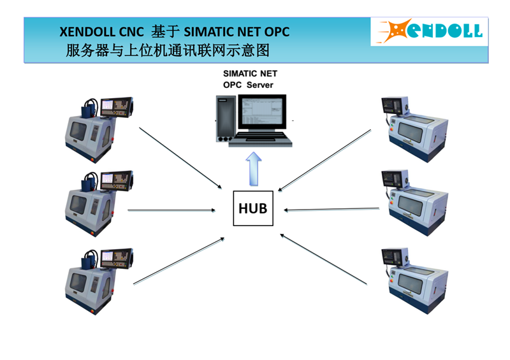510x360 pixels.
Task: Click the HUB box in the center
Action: (x=253, y=208)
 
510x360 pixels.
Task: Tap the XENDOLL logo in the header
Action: (x=429, y=31)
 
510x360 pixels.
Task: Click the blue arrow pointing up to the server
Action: (x=253, y=169)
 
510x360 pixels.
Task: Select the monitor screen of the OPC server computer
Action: (x=262, y=112)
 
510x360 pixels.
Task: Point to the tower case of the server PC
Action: (x=226, y=119)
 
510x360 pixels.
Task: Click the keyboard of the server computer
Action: (x=260, y=139)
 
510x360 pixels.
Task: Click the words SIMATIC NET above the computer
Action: (x=250, y=73)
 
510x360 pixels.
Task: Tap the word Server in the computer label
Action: (x=260, y=85)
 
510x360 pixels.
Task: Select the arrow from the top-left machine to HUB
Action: (x=180, y=158)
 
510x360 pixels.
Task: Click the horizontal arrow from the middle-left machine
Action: (x=171, y=210)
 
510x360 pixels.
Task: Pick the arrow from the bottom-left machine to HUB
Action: (x=179, y=261)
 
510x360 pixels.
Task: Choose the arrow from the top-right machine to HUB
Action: (x=324, y=161)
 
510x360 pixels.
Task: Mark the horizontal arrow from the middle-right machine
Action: (x=331, y=210)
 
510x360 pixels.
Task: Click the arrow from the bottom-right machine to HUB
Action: (x=324, y=259)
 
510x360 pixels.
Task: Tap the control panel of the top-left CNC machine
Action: (x=117, y=106)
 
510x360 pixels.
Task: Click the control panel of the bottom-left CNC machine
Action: (x=117, y=259)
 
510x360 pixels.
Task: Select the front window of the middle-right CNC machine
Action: (x=411, y=206)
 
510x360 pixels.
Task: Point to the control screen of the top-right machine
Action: (x=388, y=104)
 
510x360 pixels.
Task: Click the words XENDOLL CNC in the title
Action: (x=101, y=32)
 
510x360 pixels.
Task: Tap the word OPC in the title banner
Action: (x=277, y=32)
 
